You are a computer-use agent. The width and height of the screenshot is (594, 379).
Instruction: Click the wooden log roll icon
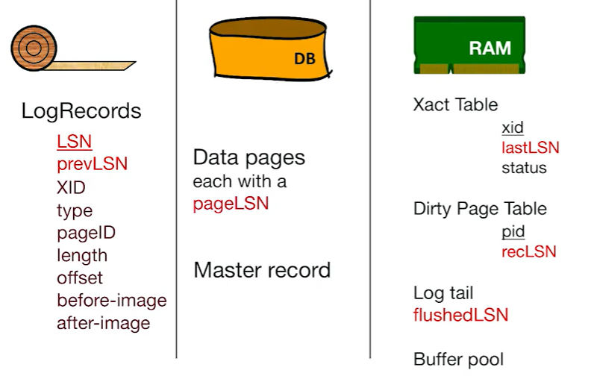click(34, 48)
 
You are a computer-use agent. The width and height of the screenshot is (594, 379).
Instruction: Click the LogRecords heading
click(81, 111)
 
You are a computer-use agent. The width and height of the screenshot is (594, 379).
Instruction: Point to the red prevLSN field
click(92, 163)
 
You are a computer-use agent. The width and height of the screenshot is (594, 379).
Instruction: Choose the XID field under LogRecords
click(71, 187)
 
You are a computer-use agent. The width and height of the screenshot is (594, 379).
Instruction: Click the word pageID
click(86, 232)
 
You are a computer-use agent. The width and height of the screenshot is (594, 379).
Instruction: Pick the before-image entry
click(111, 300)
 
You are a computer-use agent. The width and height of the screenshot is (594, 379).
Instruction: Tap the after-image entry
click(103, 323)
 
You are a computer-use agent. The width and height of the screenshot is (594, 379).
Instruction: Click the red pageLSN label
click(231, 204)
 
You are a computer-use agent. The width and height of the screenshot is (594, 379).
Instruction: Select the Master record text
click(261, 269)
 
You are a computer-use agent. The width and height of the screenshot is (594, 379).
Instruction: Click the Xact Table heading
click(455, 104)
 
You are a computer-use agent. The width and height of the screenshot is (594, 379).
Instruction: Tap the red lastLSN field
click(530, 148)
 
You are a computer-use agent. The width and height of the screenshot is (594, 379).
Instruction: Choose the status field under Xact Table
click(524, 168)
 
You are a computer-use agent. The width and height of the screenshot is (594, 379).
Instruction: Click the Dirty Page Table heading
click(480, 209)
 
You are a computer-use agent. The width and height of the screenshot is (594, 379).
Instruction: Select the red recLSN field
click(528, 251)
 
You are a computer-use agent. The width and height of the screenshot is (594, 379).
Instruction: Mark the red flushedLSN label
click(460, 315)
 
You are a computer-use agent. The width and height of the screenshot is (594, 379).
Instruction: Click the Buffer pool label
click(458, 359)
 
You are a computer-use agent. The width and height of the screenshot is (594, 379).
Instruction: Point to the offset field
click(79, 278)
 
